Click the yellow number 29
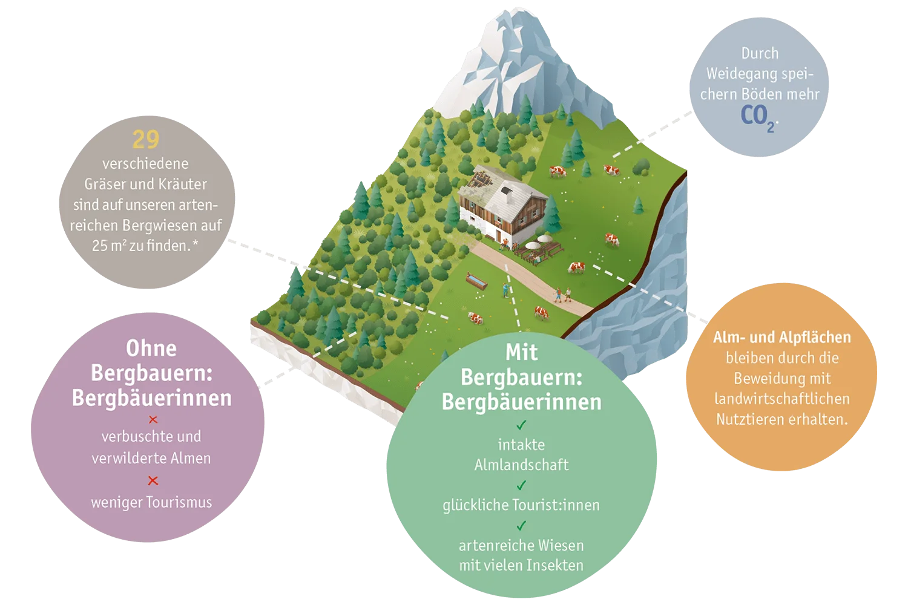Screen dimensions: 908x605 point(145,139)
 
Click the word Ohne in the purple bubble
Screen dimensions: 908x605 point(151,348)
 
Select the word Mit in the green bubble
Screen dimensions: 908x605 point(521,353)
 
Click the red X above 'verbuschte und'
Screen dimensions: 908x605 point(153,419)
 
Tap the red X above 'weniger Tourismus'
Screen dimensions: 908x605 point(153,480)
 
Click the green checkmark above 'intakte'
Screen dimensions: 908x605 point(521,425)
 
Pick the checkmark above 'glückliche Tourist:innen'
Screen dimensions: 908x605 point(521,485)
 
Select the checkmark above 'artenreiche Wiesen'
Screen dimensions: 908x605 point(521,526)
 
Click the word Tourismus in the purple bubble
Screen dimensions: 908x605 point(179,503)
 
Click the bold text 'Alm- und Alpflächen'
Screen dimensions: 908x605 point(782,337)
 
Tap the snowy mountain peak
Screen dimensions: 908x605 point(517,16)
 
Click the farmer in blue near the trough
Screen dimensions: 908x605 point(505,290)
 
